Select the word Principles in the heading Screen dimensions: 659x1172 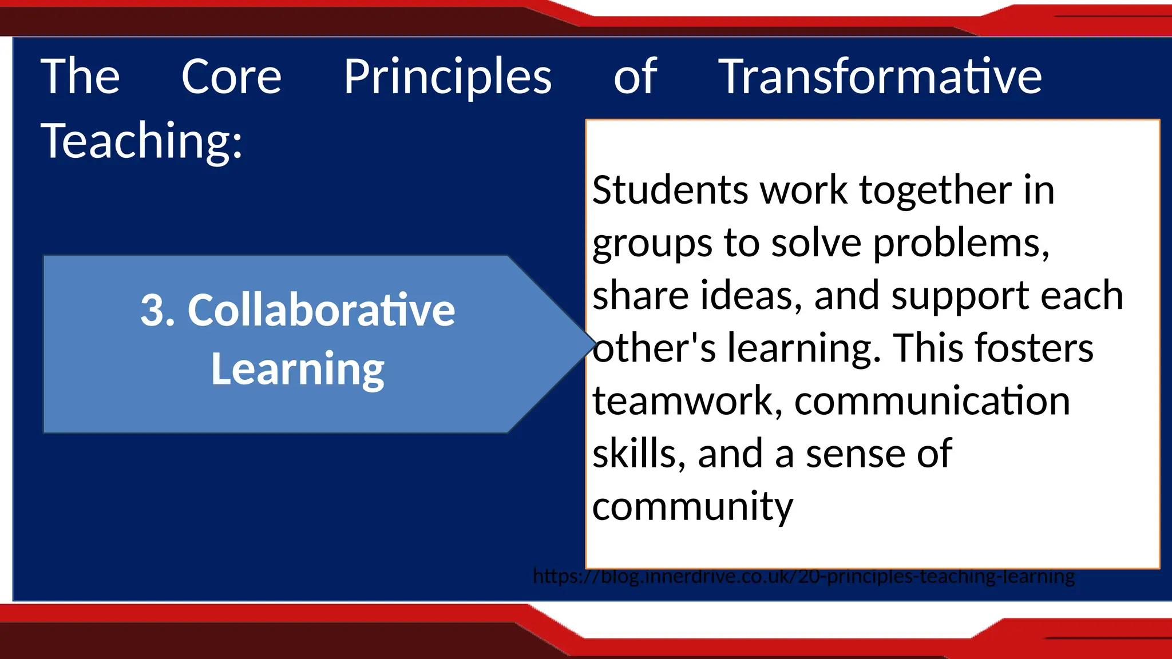pyautogui.click(x=448, y=78)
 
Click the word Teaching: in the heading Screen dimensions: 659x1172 pyautogui.click(x=142, y=141)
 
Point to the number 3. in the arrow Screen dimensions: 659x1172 pyautogui.click(x=157, y=311)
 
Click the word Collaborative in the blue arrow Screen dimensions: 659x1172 pyautogui.click(x=321, y=311)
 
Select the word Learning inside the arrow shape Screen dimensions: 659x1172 pyautogui.click(x=298, y=370)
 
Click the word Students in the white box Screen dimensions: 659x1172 pyautogui.click(x=670, y=190)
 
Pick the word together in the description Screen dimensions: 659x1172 pyautogui.click(x=935, y=191)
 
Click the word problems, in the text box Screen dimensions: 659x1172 pyautogui.click(x=961, y=244)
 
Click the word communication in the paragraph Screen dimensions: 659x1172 pyautogui.click(x=932, y=400)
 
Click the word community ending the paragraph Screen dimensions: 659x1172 pyautogui.click(x=692, y=507)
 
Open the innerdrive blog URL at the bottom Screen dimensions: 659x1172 pyautogui.click(x=803, y=575)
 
